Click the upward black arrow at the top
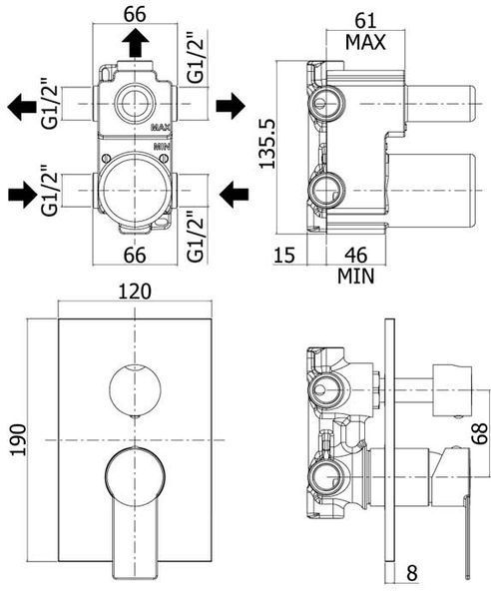pos(135,43)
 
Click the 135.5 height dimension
pos(266,143)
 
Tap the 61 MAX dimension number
pos(365,20)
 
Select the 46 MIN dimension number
pos(356,255)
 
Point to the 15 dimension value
pos(284,255)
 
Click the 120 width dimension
pos(135,292)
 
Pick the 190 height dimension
pos(19,439)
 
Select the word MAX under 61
pos(365,42)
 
